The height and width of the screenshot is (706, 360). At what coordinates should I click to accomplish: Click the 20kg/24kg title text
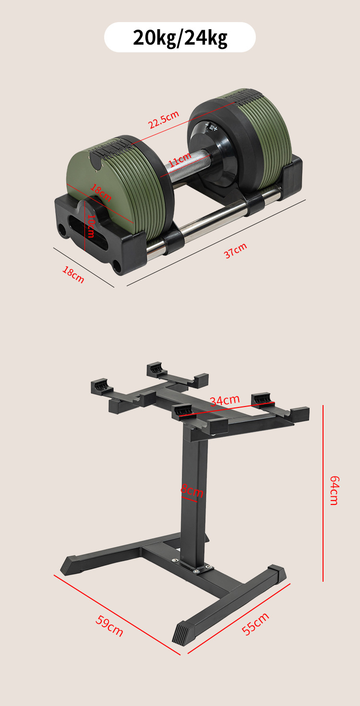[x=180, y=38]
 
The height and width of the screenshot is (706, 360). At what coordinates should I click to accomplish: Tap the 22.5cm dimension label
[x=164, y=120]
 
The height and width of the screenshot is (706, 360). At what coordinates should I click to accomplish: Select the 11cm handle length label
[x=180, y=159]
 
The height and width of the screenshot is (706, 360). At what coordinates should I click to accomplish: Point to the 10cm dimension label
[x=91, y=226]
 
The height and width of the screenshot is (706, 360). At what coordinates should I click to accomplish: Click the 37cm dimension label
[x=236, y=251]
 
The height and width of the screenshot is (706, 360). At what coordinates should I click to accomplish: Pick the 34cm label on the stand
[x=225, y=401]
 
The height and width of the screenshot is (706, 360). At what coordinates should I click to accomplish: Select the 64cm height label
[x=334, y=491]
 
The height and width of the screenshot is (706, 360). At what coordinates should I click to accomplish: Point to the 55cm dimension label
[x=255, y=624]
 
